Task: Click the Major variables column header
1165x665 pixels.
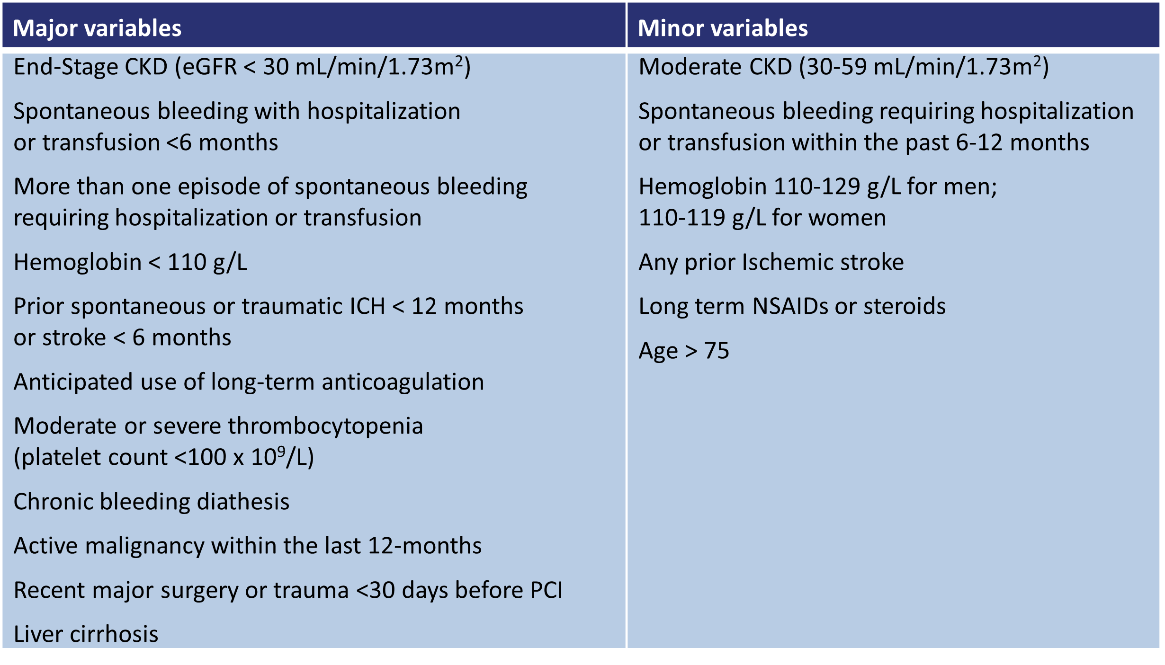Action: pyautogui.click(x=97, y=28)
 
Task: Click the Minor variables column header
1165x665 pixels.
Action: pyautogui.click(x=723, y=28)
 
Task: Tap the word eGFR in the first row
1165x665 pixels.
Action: pyautogui.click(x=209, y=67)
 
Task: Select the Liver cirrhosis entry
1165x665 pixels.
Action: pyautogui.click(x=86, y=634)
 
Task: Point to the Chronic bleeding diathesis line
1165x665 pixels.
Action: pyautogui.click(x=152, y=501)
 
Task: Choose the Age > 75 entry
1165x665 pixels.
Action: pyautogui.click(x=683, y=351)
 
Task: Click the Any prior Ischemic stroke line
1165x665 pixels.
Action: pyautogui.click(x=771, y=262)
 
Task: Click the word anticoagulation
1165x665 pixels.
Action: pyautogui.click(x=403, y=382)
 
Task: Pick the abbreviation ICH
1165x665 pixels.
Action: pyautogui.click(x=367, y=306)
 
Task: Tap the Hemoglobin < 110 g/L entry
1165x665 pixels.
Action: pyautogui.click(x=130, y=262)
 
